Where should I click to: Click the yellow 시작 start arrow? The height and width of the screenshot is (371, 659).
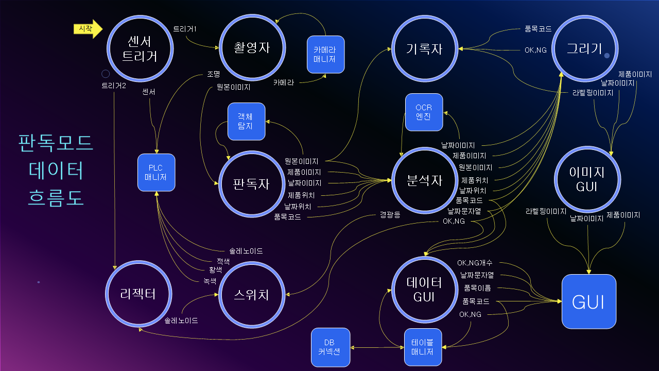[x=88, y=29]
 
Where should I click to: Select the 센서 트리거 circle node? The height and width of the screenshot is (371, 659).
[x=140, y=48]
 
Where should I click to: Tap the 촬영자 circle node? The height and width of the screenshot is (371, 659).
[x=252, y=48]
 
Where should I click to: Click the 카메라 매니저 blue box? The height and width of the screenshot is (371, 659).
[x=326, y=55]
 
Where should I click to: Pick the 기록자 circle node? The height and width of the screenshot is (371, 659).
[x=425, y=48]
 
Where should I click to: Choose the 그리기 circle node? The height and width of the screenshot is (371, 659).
[x=585, y=48]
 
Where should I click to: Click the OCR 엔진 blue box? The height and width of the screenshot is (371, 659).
[x=424, y=112]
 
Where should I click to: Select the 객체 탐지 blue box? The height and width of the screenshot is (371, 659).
[x=247, y=121]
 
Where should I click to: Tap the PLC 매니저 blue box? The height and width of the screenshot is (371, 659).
[x=156, y=173]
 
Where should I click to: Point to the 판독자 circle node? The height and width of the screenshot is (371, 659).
[x=252, y=184]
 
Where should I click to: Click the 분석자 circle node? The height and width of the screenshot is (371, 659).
[x=425, y=180]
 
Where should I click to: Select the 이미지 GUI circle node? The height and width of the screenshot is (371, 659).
[x=587, y=179]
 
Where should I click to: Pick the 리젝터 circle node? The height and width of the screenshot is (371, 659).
[x=138, y=294]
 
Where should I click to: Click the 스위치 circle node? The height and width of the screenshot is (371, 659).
[x=252, y=295]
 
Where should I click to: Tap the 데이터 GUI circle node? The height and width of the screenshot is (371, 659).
[x=425, y=290]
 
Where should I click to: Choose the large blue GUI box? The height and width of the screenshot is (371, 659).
[x=589, y=301]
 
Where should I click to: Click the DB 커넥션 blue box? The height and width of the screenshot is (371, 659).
[x=331, y=347]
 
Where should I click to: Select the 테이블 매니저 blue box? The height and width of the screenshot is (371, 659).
[x=423, y=347]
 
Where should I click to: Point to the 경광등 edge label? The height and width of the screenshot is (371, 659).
[x=390, y=214]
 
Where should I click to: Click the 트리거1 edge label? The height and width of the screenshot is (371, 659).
[x=185, y=29]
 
